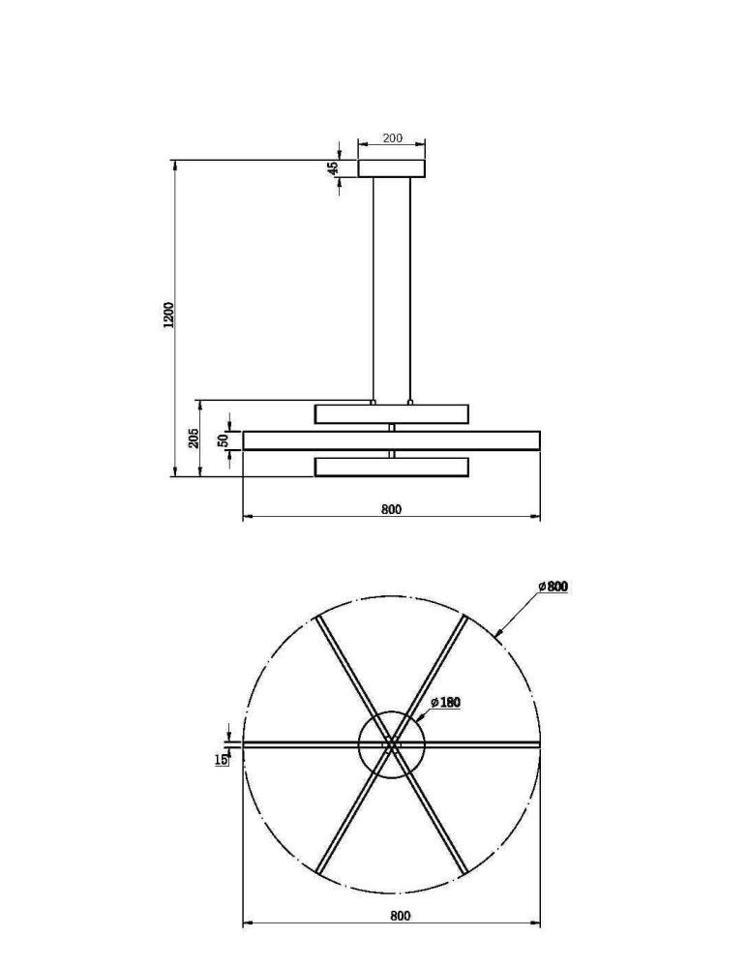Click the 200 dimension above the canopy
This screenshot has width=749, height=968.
[392, 137]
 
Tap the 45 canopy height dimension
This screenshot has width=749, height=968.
[333, 167]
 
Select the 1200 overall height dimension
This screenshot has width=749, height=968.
[168, 315]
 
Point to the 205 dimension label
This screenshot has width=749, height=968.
[194, 438]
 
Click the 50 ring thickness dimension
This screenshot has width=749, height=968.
[224, 440]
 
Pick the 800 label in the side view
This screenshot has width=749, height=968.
[391, 509]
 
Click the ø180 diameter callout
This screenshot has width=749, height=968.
[446, 703]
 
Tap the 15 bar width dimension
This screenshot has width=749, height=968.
[221, 760]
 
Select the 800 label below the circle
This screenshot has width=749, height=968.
[400, 915]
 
